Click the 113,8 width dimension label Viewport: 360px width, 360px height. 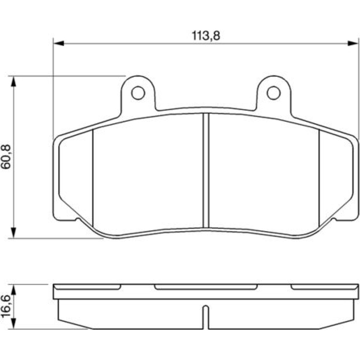[x=206, y=36]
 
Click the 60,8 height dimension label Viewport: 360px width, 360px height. [x=6, y=157]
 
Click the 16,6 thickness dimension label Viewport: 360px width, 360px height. [x=6, y=307]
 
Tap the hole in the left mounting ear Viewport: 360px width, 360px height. [x=138, y=93]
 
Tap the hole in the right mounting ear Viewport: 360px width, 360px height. [x=274, y=93]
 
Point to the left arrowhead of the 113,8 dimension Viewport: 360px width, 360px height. [x=58, y=43]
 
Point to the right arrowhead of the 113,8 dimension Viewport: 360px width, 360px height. [x=353, y=43]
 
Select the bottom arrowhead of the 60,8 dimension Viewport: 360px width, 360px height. [x=14, y=233]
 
